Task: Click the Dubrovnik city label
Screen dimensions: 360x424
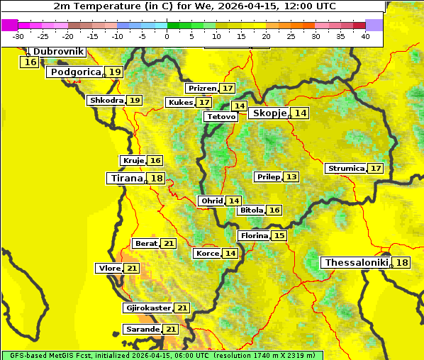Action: point(58,52)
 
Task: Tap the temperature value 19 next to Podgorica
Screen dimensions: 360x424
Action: point(115,72)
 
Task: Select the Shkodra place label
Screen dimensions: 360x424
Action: point(106,100)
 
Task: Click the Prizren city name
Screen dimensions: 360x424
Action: point(201,88)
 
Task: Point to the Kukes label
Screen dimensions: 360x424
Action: point(179,102)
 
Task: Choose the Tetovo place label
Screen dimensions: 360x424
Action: point(221,116)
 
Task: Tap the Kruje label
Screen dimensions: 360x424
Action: point(133,160)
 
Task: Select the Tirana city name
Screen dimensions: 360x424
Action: point(125,178)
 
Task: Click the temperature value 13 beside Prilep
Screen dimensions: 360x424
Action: point(291,176)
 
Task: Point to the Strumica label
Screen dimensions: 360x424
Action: point(345,168)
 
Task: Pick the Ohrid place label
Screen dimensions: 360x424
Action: point(211,201)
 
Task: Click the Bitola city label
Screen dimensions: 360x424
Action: point(251,210)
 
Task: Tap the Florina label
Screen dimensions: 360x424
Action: point(254,235)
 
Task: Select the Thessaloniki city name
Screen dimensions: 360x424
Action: point(356,262)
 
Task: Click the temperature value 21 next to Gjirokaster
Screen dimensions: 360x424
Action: point(182,308)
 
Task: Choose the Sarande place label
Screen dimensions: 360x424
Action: point(142,330)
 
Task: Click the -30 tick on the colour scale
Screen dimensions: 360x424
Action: point(18,36)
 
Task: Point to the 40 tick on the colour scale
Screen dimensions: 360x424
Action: point(365,36)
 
